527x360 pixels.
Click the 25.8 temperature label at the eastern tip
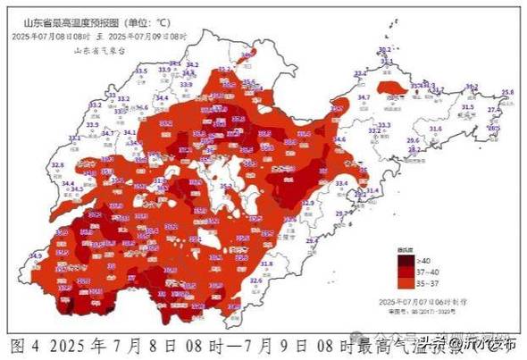(x=506, y=92)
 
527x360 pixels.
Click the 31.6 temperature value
(x=435, y=130)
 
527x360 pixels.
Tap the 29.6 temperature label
(x=413, y=141)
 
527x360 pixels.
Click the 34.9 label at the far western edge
(x=35, y=256)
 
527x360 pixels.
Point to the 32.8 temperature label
(x=57, y=165)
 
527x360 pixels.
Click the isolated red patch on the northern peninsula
(x=389, y=88)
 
